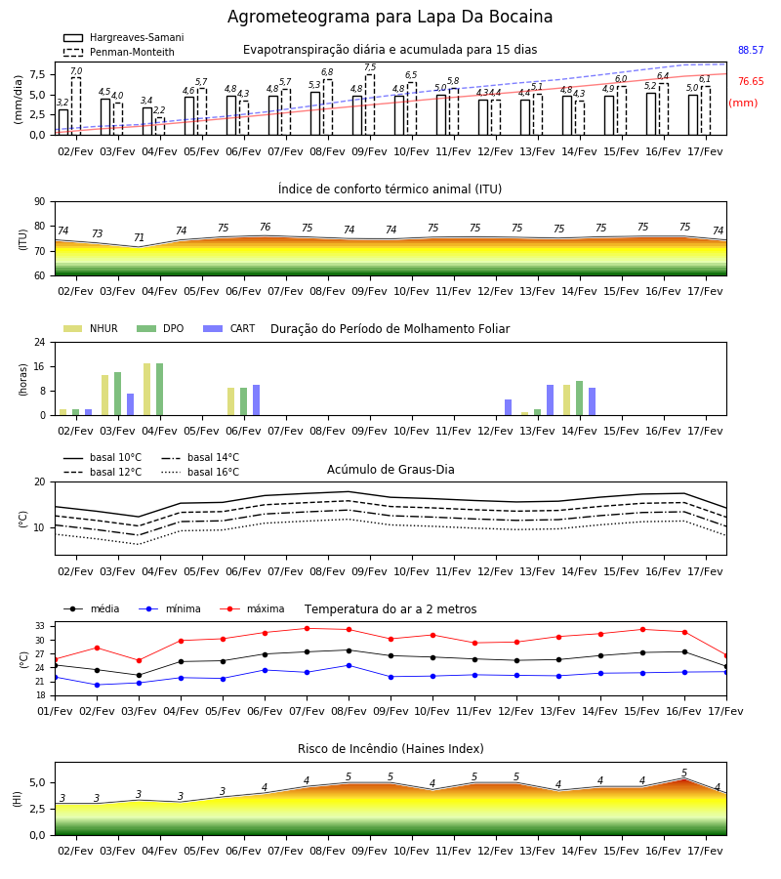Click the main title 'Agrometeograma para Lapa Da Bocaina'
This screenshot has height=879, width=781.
coord(390,17)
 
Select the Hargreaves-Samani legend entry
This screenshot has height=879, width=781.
coord(124,37)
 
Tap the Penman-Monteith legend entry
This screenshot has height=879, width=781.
coord(119,52)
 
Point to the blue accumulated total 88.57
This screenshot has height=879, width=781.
coord(751,50)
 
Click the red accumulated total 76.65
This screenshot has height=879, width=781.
coord(751,81)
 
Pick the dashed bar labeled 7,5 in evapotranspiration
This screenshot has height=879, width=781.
coord(370,105)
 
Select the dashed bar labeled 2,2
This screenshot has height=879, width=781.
coord(160,126)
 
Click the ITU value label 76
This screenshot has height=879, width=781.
coord(265,227)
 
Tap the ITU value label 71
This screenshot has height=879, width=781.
coord(139,237)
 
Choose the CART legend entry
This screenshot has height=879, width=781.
coord(229,328)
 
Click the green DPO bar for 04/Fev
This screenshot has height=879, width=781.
coord(160,390)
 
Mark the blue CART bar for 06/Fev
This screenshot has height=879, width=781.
coord(256,400)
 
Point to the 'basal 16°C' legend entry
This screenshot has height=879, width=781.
coord(200,472)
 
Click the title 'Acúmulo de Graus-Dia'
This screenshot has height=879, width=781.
coord(390,469)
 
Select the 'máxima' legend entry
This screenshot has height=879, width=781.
coord(252,608)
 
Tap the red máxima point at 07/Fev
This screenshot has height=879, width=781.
coord(307,628)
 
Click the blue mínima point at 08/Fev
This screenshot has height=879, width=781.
coord(349,665)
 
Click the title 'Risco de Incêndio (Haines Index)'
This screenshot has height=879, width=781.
coord(390,749)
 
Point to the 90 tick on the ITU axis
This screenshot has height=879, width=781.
coord(40,202)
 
